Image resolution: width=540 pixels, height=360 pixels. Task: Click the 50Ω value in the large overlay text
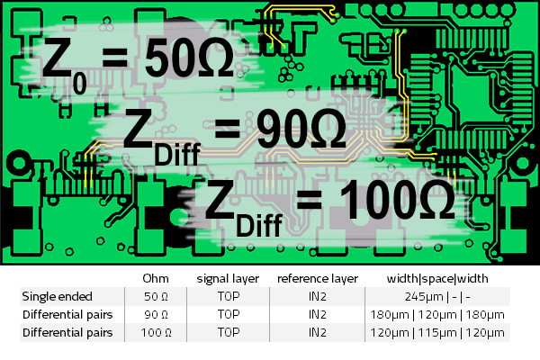[189, 59]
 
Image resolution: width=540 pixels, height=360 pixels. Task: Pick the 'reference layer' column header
[318, 278]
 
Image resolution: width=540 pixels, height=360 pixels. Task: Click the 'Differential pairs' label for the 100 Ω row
[68, 333]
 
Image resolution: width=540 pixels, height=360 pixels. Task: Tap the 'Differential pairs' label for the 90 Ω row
[68, 315]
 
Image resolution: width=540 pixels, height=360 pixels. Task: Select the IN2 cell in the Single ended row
[318, 296]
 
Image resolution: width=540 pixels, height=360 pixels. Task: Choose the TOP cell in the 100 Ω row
[229, 333]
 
